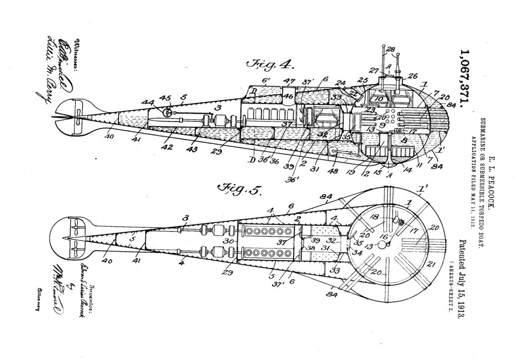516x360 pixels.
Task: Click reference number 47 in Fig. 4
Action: (289, 81)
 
